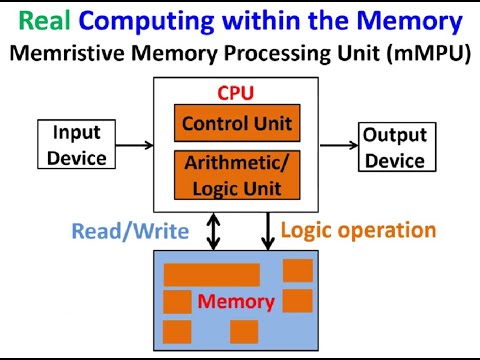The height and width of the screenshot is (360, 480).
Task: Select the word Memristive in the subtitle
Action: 64,54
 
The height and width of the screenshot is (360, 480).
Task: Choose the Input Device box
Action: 77,145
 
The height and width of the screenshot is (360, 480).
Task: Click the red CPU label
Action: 236,94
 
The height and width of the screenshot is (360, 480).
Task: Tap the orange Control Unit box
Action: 236,124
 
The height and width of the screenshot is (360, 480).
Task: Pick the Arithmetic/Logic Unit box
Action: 236,174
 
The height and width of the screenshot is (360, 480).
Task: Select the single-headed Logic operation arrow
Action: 268,231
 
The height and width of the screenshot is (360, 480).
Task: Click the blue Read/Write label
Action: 130,232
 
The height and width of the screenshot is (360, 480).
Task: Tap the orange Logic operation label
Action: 358,230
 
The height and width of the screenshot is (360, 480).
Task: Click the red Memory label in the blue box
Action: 236,301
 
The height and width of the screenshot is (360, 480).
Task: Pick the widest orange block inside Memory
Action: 211,274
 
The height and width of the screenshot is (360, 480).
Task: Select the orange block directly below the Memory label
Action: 244,331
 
